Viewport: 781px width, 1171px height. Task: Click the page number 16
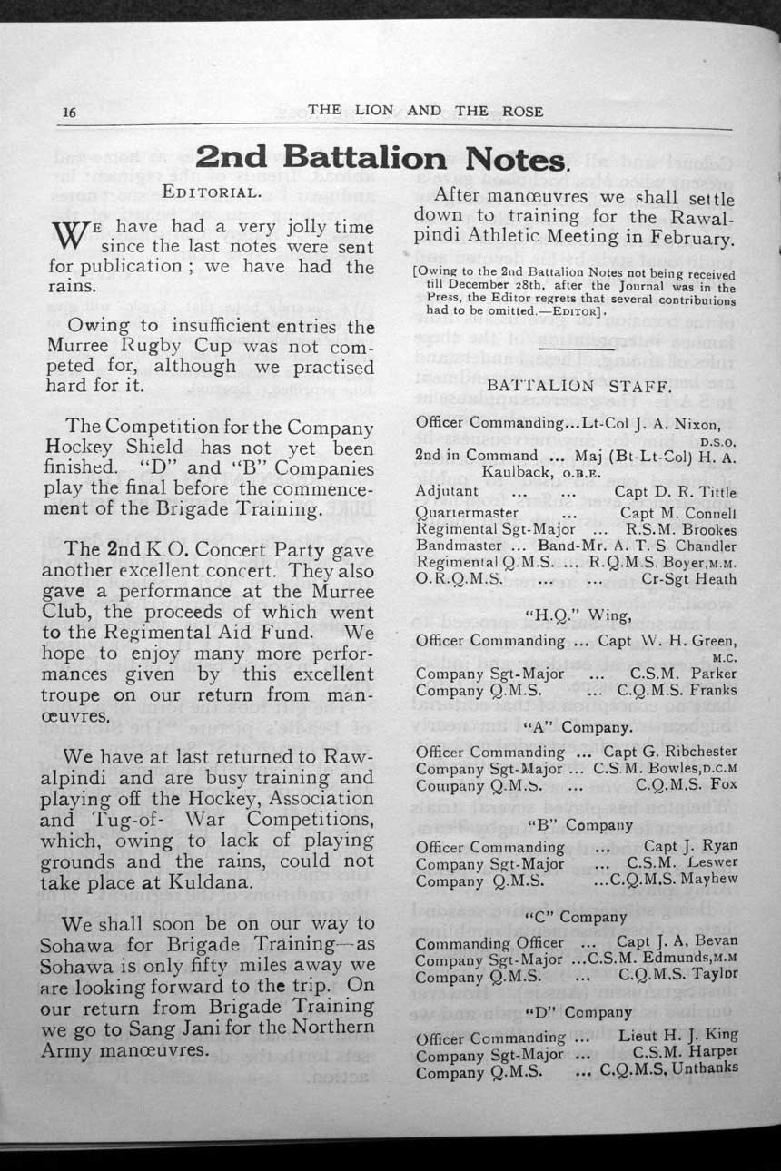68,112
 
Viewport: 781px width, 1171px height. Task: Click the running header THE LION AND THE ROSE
425,111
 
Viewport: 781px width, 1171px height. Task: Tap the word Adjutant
447,491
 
